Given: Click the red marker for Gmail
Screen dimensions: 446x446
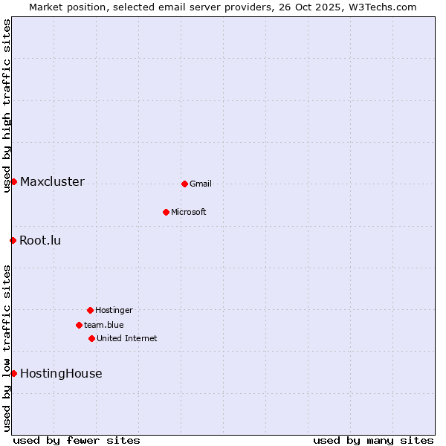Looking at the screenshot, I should point(184,184).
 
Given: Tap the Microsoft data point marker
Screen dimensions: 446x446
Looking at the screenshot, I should point(166,212).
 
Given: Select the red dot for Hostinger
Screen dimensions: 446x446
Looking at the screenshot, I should point(90,310).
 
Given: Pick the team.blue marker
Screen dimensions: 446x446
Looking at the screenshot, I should point(79,325).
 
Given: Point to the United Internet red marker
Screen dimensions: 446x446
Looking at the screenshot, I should point(91,338).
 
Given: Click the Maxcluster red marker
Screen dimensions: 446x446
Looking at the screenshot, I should point(13,181).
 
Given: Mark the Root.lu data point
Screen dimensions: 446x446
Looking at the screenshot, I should point(13,240).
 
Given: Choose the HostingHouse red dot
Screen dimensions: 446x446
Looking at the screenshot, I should point(13,373).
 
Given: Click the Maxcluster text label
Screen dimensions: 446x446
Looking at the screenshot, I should point(52,181).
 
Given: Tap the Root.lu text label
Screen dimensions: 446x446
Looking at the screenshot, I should point(40,240).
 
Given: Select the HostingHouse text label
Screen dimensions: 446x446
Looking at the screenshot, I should point(61,373).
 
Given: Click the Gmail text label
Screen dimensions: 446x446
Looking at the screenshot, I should point(201,184).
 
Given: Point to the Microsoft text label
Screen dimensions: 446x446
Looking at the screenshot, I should point(189,212).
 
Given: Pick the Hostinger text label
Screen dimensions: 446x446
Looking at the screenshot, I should point(114,310).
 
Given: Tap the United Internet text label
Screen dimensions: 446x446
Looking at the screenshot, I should point(127,338).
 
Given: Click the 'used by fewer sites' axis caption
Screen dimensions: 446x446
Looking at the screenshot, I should point(77,440).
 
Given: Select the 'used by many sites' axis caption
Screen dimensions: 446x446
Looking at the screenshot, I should point(373,440).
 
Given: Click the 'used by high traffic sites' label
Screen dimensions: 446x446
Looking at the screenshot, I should point(7,106).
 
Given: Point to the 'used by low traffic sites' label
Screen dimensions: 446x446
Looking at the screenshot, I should point(7,348).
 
